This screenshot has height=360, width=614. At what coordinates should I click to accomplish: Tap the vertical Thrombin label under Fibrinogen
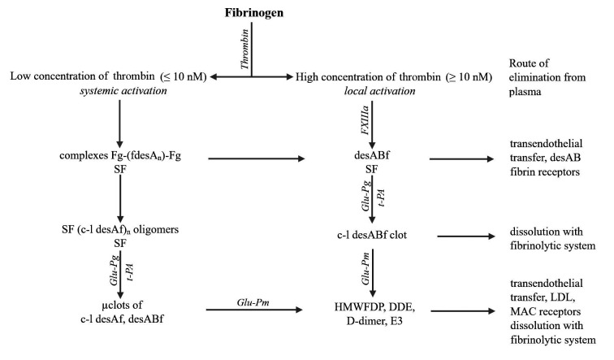[244, 50]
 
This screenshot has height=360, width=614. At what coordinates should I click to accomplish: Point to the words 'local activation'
[372, 91]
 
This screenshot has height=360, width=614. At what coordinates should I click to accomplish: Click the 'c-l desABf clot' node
[371, 236]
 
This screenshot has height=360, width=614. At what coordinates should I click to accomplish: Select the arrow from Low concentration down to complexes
[120, 121]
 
